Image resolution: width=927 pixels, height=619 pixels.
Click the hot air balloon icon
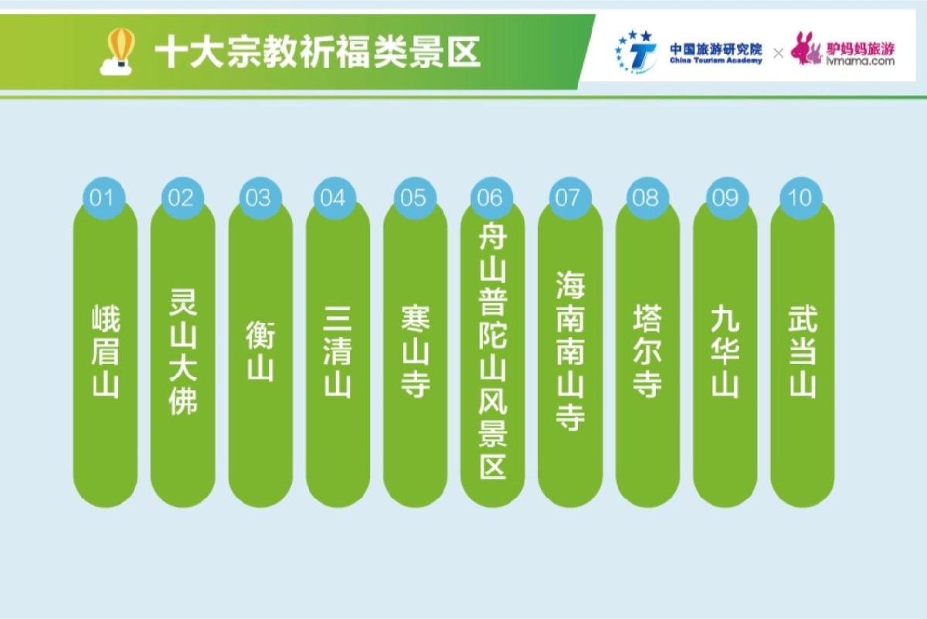tap(117, 51)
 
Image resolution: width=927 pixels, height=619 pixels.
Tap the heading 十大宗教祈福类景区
tap(317, 53)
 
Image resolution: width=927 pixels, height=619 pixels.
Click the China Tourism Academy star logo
tap(636, 53)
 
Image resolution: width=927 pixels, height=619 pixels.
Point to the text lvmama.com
tap(861, 61)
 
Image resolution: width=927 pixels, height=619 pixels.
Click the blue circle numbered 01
tap(104, 198)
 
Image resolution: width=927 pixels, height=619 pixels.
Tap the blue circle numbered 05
tap(415, 198)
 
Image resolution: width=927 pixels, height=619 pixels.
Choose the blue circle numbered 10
tap(801, 198)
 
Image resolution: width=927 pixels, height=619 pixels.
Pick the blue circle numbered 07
tap(570, 198)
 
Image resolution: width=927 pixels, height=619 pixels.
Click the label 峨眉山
tap(106, 351)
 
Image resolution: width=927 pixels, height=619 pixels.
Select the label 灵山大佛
tap(183, 351)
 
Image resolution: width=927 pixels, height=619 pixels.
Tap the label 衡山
tap(261, 351)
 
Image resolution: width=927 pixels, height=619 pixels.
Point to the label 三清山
tap(338, 351)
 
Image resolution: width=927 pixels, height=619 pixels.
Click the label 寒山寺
tap(416, 351)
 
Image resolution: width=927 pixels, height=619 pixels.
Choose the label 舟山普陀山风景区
tap(493, 351)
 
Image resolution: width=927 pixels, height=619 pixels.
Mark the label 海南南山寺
tap(570, 351)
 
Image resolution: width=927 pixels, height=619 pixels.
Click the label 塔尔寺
tap(647, 351)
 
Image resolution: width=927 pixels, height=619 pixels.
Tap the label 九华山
tap(725, 351)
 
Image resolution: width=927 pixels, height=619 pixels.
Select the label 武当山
tap(803, 351)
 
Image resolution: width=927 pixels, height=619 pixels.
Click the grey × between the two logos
tap(779, 53)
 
